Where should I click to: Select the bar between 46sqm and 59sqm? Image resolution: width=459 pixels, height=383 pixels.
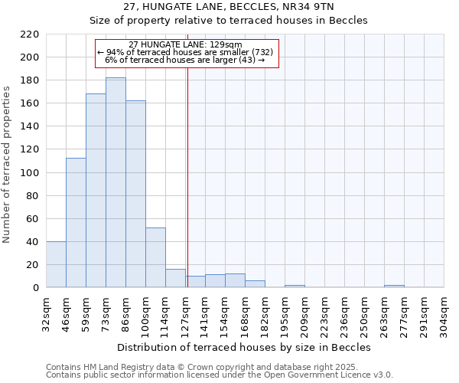(x=76, y=222)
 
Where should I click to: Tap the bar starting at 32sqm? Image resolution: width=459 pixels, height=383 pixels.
(x=56, y=264)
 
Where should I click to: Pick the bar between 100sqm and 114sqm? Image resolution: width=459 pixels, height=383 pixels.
(x=155, y=257)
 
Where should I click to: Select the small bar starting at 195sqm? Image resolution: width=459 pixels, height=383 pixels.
(x=295, y=286)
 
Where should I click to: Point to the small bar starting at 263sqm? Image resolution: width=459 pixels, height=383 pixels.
(x=394, y=286)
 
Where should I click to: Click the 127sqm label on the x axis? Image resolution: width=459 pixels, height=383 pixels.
(x=185, y=313)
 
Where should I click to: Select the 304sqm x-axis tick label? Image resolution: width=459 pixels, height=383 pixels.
(x=444, y=313)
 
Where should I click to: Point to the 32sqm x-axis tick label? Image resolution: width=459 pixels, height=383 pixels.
(x=46, y=313)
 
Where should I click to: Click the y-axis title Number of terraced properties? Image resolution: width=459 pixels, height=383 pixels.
(x=7, y=165)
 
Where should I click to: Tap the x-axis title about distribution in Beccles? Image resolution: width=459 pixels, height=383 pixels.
(x=244, y=347)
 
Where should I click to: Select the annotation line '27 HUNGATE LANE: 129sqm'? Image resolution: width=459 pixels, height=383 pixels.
(x=186, y=44)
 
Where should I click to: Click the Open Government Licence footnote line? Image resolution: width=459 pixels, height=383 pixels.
(x=220, y=375)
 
